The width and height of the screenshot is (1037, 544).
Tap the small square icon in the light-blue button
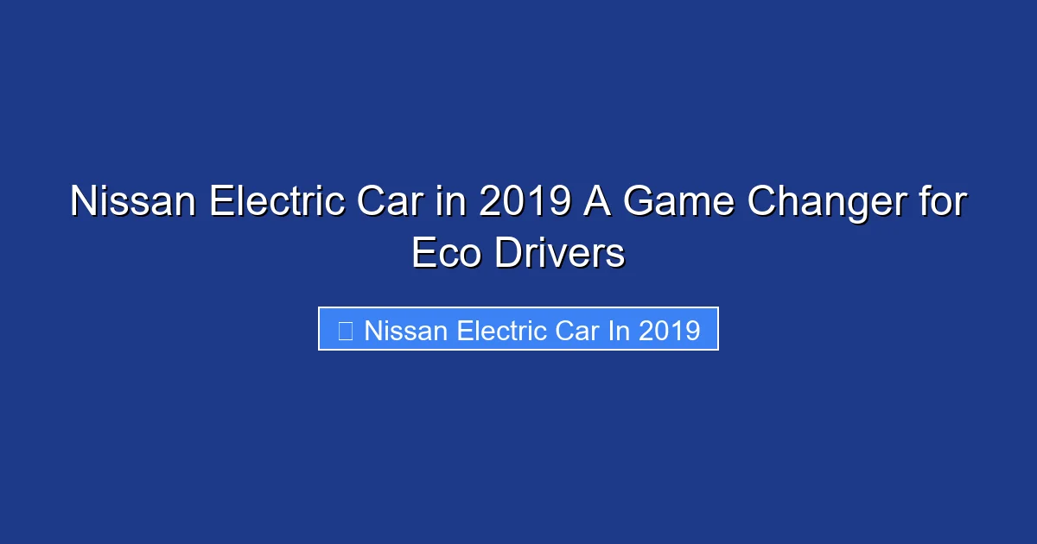pos(345,331)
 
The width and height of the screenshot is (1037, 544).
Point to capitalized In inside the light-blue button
pos(619,331)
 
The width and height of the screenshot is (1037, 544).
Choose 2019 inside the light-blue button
pos(669,331)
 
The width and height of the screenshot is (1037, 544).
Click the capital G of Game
pos(640,202)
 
